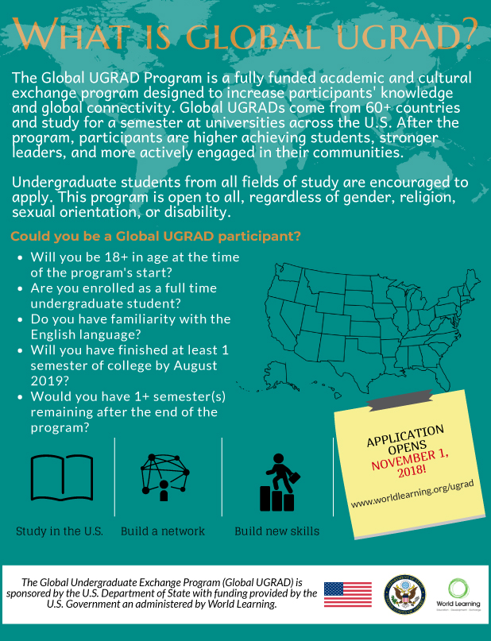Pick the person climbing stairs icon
pos(278,482)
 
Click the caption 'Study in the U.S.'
pos(60,531)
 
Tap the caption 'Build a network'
pos(163,531)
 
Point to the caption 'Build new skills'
pos(276,531)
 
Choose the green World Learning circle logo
pos(458,589)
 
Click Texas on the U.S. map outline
pos(350,369)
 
